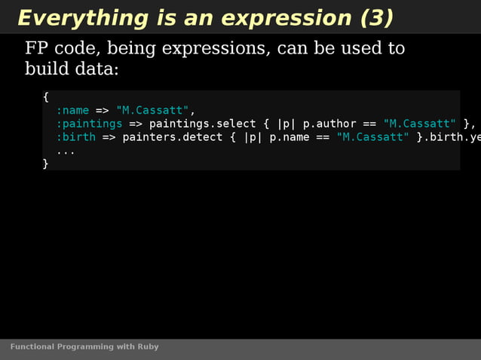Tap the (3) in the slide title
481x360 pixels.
tap(377, 18)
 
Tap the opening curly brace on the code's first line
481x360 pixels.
tap(46, 97)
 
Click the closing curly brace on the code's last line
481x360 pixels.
tap(46, 163)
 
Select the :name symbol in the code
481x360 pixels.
tap(72, 111)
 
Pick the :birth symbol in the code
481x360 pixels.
tap(75, 137)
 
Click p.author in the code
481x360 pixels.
tap(329, 124)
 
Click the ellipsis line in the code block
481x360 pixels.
tap(66, 151)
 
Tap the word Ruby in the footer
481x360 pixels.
tap(148, 347)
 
